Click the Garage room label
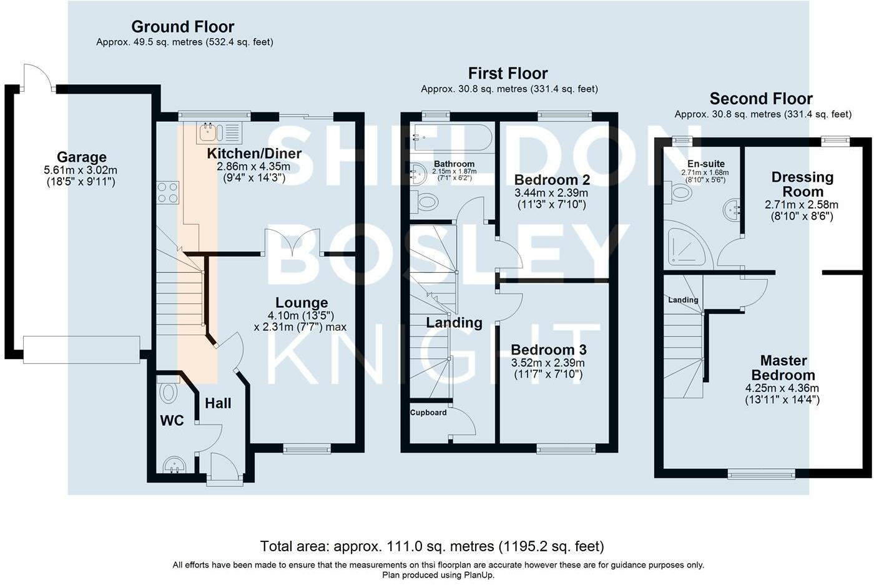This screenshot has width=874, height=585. click(x=82, y=157)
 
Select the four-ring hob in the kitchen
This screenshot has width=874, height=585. click(x=168, y=193)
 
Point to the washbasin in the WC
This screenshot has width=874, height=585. click(x=174, y=465)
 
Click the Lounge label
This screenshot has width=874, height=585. click(x=302, y=302)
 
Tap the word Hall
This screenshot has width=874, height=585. click(x=218, y=403)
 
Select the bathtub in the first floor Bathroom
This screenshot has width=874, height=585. click(x=451, y=137)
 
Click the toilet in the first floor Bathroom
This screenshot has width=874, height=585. click(x=424, y=202)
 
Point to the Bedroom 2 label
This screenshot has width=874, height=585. click(x=552, y=180)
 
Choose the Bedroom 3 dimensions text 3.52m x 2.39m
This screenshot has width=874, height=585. click(x=548, y=363)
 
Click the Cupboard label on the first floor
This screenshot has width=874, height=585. click(x=428, y=413)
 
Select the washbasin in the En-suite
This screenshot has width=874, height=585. click(x=732, y=210)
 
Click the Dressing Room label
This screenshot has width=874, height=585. click(x=803, y=184)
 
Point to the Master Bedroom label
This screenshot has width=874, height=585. click(x=783, y=368)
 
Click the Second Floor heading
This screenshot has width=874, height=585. click(x=761, y=99)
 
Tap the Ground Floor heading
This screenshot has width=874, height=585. click(x=182, y=27)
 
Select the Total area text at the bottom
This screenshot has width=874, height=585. click(x=432, y=546)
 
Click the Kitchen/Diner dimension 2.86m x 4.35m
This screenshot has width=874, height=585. click(x=253, y=167)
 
